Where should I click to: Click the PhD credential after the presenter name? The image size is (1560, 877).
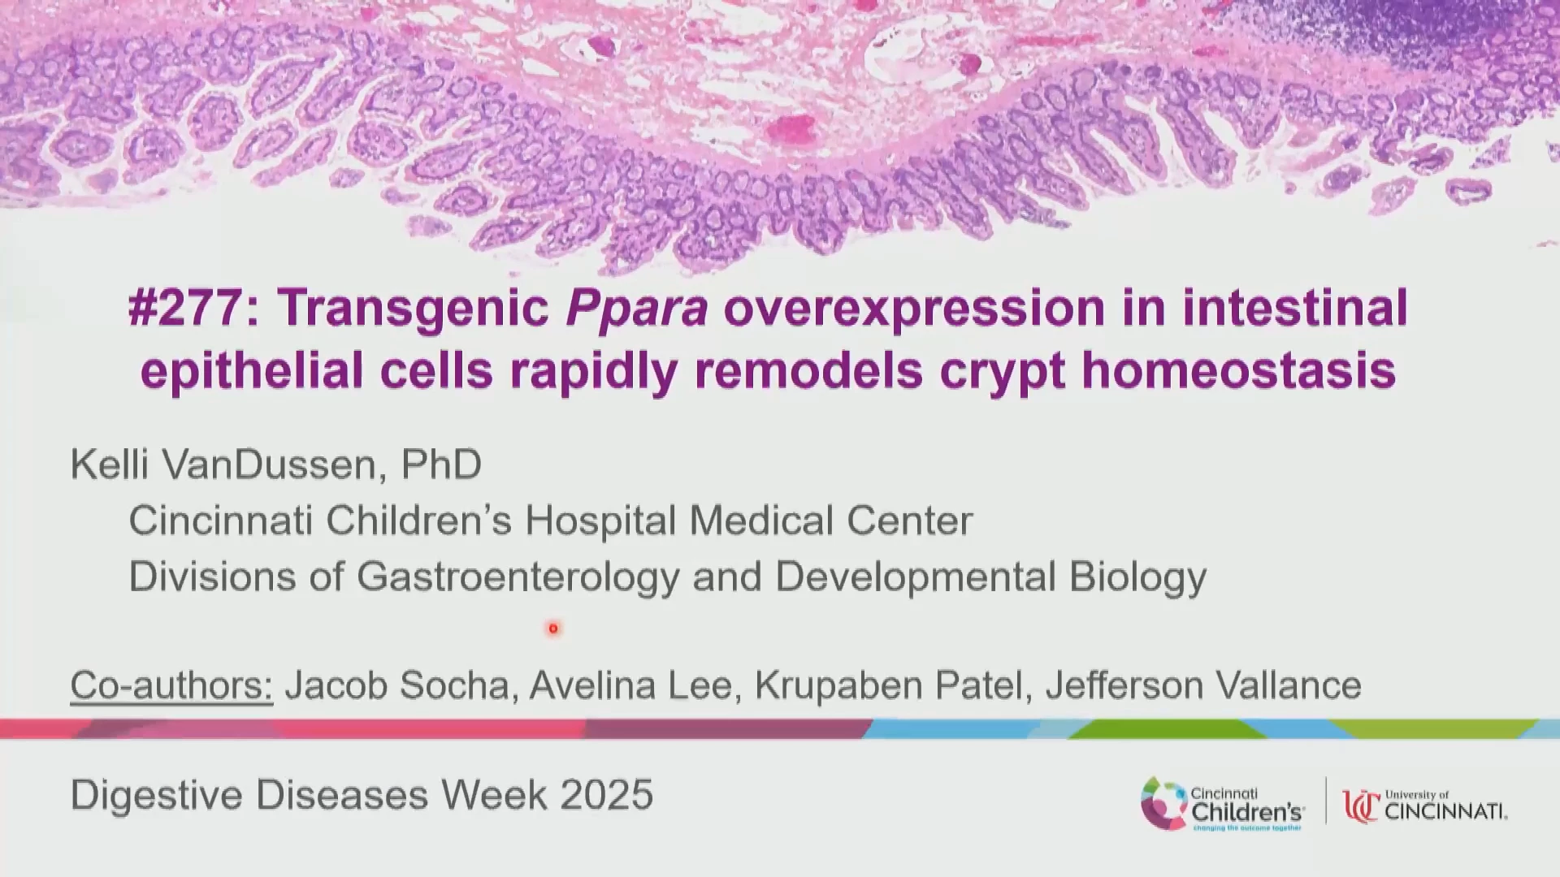coord(442,464)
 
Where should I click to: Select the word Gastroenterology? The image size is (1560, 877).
coord(518,577)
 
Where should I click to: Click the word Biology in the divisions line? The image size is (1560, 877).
coord(1137,577)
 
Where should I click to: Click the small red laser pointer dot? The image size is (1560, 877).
coord(553,629)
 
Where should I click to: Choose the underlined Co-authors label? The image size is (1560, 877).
coord(171,685)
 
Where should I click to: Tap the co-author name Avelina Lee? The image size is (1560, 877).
coord(631,685)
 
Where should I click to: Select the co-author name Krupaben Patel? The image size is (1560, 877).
coord(888,685)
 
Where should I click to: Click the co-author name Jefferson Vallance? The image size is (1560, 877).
coord(1203,685)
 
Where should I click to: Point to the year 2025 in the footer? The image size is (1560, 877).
coord(606,794)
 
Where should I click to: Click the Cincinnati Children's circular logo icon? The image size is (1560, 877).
coord(1163,804)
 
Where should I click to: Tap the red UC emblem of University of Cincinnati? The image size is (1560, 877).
coord(1361,806)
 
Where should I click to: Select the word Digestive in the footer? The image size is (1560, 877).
coord(156,795)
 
